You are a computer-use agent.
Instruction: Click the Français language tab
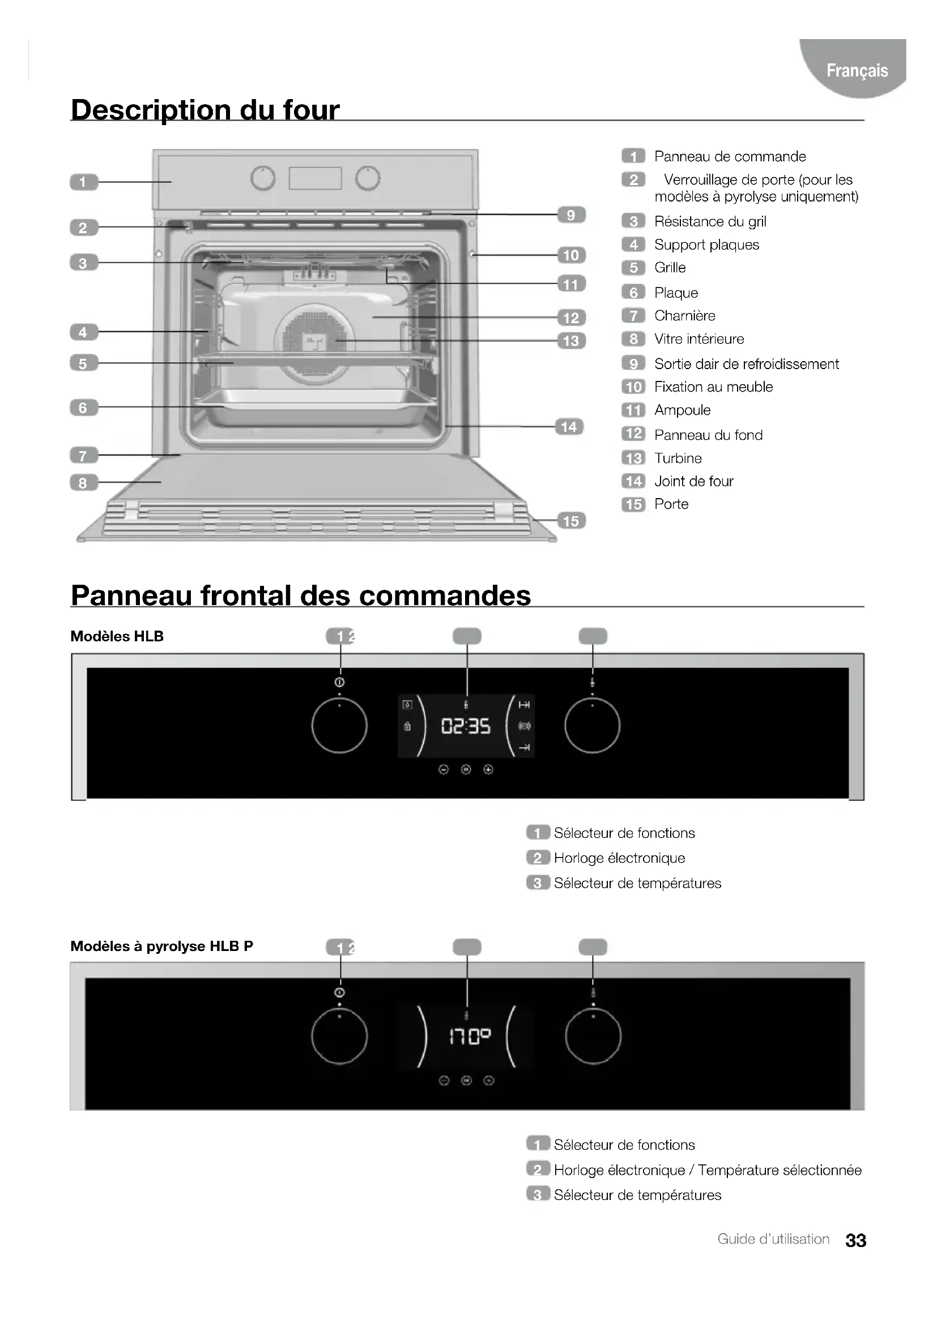(856, 70)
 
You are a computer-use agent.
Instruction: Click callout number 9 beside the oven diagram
(570, 215)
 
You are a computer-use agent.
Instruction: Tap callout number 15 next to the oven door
(570, 521)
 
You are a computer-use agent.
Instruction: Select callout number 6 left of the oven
(83, 408)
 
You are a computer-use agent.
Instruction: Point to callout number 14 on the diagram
(569, 427)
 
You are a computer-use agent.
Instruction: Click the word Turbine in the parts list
(678, 459)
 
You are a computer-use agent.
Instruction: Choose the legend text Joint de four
(693, 482)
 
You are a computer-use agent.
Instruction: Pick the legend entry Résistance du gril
(710, 221)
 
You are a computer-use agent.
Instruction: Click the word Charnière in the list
(684, 316)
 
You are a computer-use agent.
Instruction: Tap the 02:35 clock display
(466, 726)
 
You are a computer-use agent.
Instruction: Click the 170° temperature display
(470, 1038)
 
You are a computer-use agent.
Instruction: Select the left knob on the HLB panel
(339, 726)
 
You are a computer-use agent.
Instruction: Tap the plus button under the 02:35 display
(488, 769)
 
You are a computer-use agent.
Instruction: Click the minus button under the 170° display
(444, 1081)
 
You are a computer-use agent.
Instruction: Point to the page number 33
(855, 1240)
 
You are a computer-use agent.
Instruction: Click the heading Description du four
(205, 110)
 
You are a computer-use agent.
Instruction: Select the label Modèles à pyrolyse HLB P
(161, 946)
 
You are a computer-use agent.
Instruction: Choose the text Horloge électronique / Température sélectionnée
(708, 1170)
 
